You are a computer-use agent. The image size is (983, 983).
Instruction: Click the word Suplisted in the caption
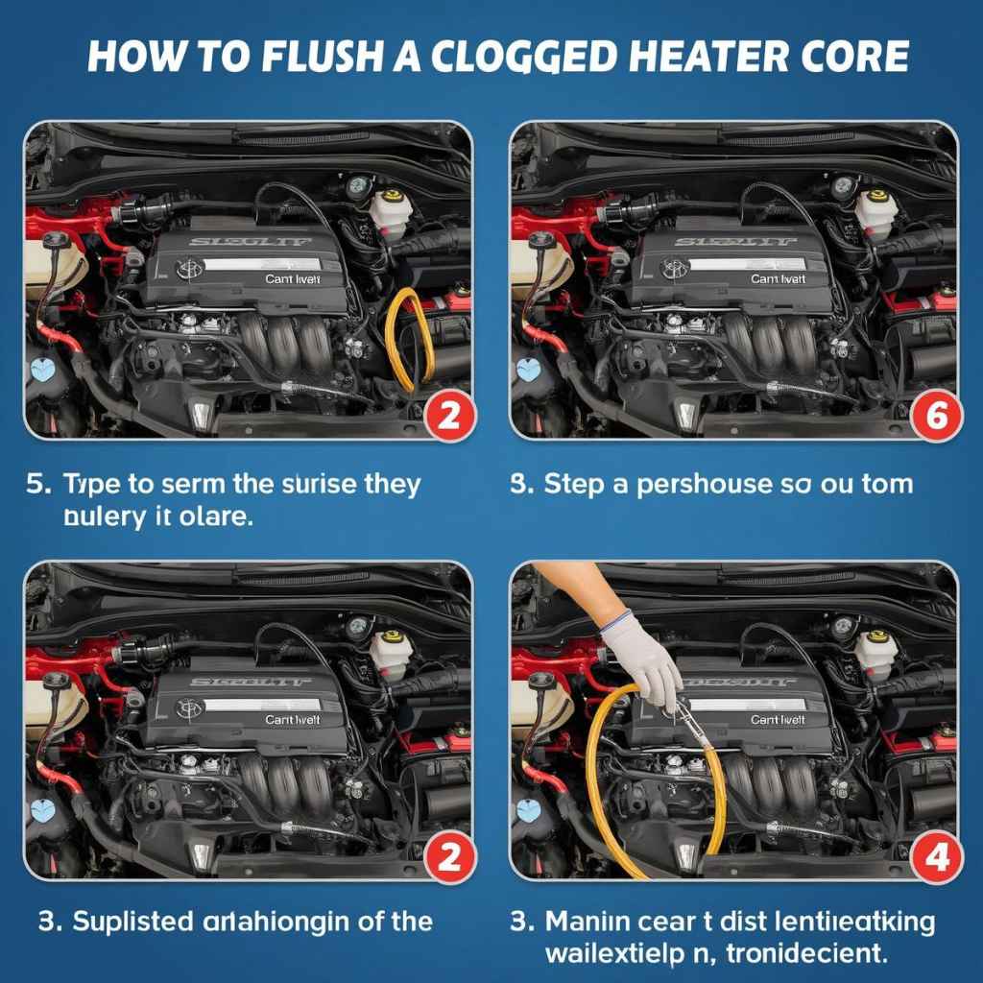coord(135,922)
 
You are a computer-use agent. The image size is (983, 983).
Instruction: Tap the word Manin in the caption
coord(587,922)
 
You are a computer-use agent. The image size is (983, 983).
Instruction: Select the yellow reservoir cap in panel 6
coord(876,196)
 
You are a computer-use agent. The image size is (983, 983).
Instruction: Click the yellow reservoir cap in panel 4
coord(876,636)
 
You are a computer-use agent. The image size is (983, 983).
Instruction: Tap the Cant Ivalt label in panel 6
coord(778,278)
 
